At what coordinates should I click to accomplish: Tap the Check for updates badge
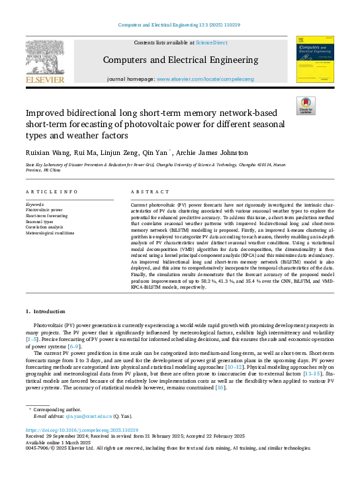[305, 106]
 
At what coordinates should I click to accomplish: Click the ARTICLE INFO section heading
[51, 191]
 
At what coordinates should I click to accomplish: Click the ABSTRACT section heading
[146, 191]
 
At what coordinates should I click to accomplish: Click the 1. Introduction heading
[46, 311]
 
